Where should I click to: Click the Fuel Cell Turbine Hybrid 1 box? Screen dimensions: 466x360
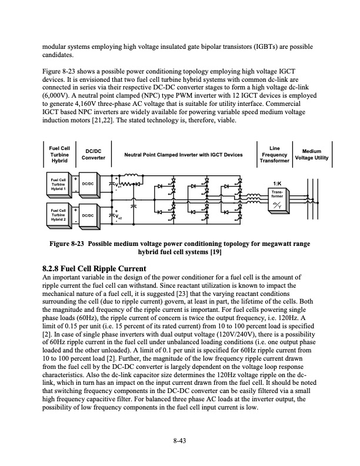click(x=58, y=184)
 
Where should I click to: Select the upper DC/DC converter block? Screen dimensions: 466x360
click(x=88, y=184)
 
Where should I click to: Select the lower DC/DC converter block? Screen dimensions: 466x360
click(x=88, y=216)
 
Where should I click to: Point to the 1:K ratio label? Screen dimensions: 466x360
click(x=276, y=182)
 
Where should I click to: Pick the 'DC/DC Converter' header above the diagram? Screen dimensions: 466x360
click(x=92, y=154)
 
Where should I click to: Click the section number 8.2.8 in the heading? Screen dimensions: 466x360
click(x=55, y=269)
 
